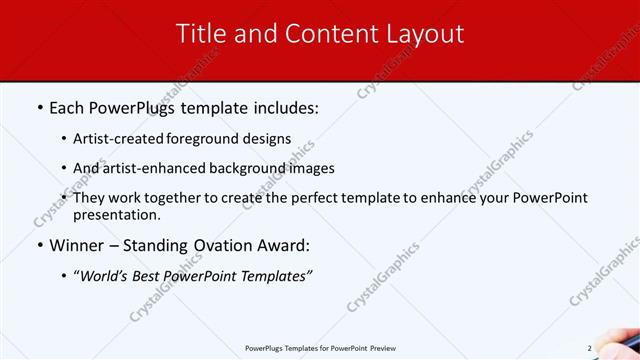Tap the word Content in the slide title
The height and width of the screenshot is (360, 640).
click(324, 33)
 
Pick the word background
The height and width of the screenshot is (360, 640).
click(226, 168)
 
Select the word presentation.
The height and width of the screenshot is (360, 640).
click(117, 214)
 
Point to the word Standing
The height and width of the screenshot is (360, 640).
click(163, 244)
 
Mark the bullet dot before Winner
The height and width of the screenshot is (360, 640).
click(39, 245)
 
